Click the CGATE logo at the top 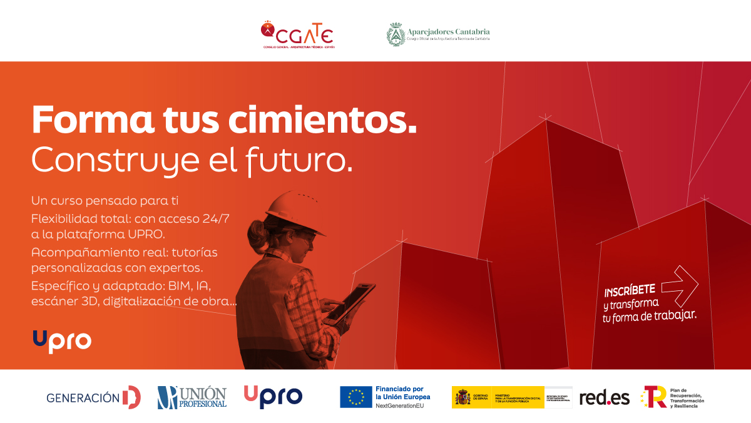click(x=297, y=34)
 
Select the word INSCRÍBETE click(x=630, y=291)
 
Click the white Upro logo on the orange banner click(x=62, y=340)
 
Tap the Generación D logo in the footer click(x=94, y=397)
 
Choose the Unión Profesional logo click(x=192, y=397)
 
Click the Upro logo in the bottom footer click(x=273, y=397)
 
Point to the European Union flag click(x=356, y=397)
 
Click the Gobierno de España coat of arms click(x=464, y=397)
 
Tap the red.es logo click(x=604, y=397)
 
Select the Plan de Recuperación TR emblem click(x=653, y=397)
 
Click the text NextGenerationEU click(x=400, y=406)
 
